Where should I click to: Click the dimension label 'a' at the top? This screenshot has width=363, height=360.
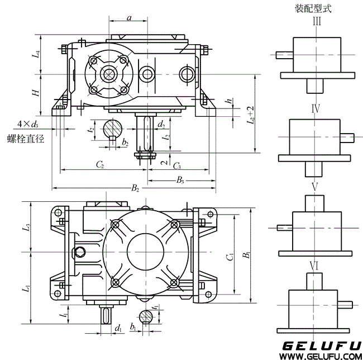pos(129,18)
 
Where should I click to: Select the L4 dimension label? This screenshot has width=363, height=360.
pos(36,55)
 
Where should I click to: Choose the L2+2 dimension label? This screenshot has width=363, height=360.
pos(251,114)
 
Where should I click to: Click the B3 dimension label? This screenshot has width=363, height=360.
pos(180,179)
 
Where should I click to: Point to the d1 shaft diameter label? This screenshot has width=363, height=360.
pos(118,329)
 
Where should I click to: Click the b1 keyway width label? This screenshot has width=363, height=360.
pos(133,326)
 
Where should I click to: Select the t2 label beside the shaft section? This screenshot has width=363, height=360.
pos(90,130)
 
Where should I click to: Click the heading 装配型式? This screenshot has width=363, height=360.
pos(313,8)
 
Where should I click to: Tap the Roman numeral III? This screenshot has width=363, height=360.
pos(316,21)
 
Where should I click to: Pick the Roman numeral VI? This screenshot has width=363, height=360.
pos(314,266)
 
